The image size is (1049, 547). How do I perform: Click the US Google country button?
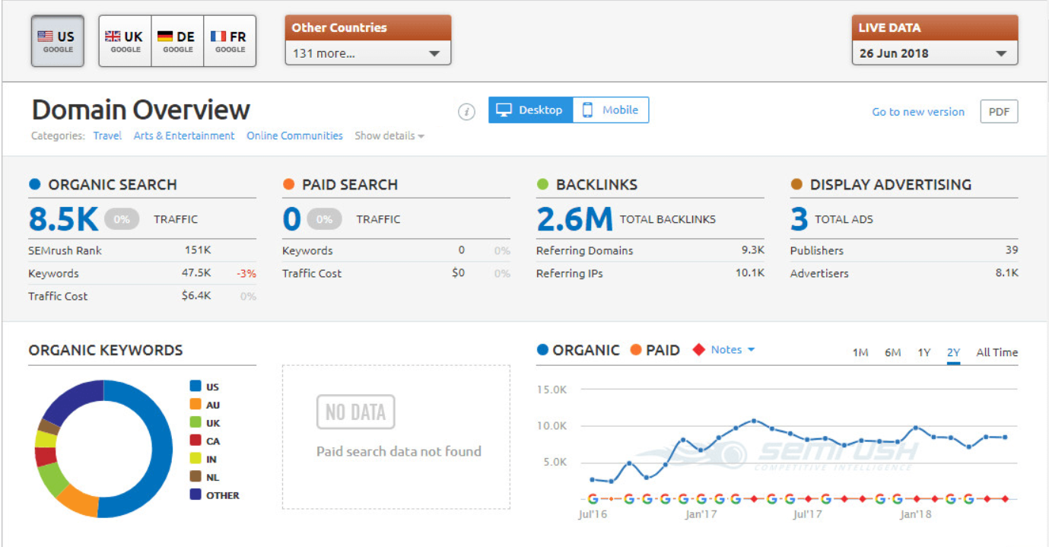click(57, 41)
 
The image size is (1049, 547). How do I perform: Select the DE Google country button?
click(177, 41)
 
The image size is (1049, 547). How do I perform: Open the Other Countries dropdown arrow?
click(434, 54)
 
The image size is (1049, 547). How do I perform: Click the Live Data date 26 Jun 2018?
click(894, 54)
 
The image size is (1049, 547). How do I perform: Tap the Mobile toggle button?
click(611, 110)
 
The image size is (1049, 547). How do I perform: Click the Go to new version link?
click(917, 112)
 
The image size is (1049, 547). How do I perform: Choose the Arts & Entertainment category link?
click(184, 136)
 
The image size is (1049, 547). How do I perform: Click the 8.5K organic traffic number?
click(64, 219)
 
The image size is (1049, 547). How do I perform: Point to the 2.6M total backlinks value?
click(574, 219)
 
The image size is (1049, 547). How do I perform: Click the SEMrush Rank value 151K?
click(198, 250)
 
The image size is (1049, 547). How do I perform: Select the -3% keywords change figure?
click(246, 273)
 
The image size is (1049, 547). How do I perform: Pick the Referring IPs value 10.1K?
click(749, 273)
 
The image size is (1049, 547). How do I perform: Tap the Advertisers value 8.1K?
click(1006, 273)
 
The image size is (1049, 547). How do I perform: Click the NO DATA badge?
click(355, 412)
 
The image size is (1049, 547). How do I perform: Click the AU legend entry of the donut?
click(212, 405)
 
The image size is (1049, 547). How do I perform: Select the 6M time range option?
click(892, 352)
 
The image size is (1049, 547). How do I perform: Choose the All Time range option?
click(997, 352)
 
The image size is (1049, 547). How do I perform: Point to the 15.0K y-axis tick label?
click(552, 390)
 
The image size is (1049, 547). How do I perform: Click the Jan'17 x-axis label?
click(701, 514)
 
